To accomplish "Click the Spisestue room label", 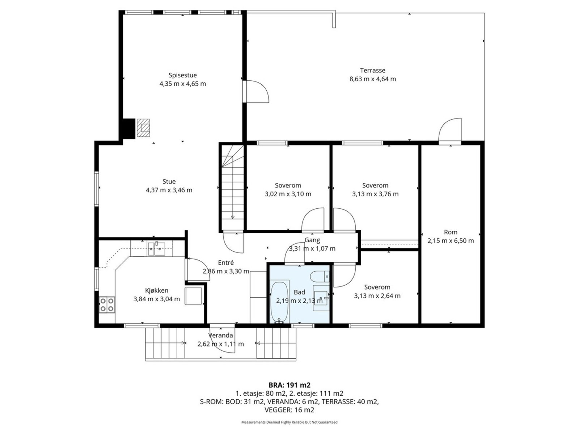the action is pyautogui.click(x=182, y=75).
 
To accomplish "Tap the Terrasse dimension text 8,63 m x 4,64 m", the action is pyautogui.click(x=373, y=79).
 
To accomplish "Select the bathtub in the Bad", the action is pyautogui.click(x=279, y=302).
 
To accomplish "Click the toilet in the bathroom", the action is pyautogui.click(x=320, y=277).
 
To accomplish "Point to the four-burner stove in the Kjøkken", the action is pyautogui.click(x=107, y=305).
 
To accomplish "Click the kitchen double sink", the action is pyautogui.click(x=156, y=249).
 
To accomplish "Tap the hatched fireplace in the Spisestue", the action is pyautogui.click(x=143, y=128).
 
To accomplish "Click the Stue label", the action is pyautogui.click(x=169, y=182).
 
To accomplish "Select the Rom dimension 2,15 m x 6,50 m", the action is pyautogui.click(x=451, y=241).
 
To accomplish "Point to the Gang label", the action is pyautogui.click(x=312, y=240).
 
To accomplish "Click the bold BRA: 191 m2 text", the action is pyautogui.click(x=289, y=385).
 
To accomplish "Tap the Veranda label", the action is pyautogui.click(x=220, y=336).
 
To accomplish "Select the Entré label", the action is pyautogui.click(x=226, y=263).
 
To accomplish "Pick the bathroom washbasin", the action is pyautogui.click(x=321, y=298).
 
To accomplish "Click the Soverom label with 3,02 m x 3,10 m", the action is pyautogui.click(x=288, y=186).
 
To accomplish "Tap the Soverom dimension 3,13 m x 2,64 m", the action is pyautogui.click(x=377, y=295).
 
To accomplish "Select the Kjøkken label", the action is pyautogui.click(x=157, y=290).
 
